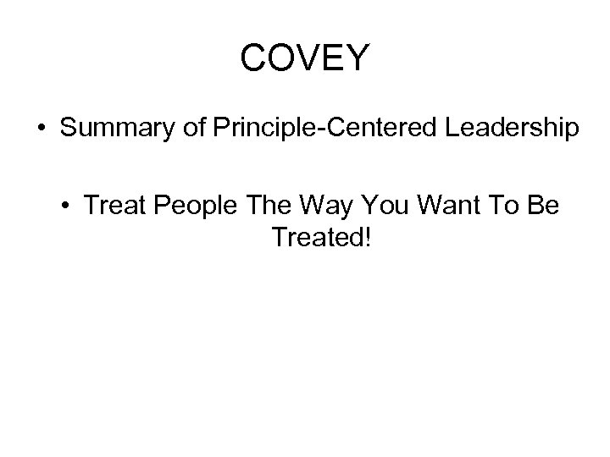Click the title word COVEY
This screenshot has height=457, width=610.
305,58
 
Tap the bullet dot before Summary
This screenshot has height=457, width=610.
41,130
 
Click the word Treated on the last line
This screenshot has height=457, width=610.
313,239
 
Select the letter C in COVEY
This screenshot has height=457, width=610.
254,58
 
